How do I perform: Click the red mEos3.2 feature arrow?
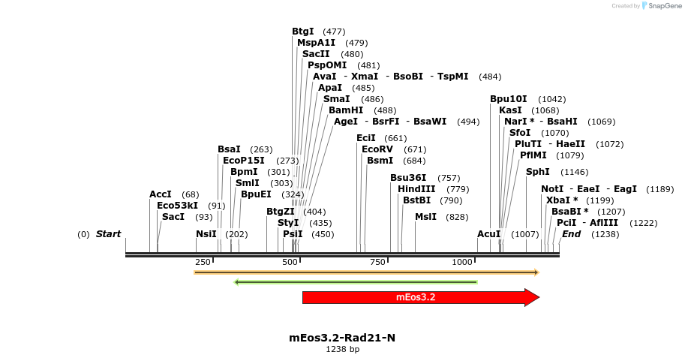click(416, 297)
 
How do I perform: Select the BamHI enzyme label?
click(346, 110)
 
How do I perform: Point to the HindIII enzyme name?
click(416, 189)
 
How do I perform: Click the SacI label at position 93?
click(173, 217)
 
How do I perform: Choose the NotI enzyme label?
click(552, 189)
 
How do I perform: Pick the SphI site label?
click(538, 172)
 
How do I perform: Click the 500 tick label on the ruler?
click(290, 262)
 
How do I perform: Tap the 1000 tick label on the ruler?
click(462, 262)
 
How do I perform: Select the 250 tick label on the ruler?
click(203, 262)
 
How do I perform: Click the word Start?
click(108, 234)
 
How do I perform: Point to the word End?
click(572, 234)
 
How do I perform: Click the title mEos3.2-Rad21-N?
click(342, 338)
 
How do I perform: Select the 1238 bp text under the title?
click(342, 349)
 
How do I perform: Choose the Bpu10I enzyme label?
click(509, 99)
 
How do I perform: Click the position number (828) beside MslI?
click(457, 217)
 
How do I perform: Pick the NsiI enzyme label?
click(206, 234)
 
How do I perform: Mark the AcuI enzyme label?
click(489, 234)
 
